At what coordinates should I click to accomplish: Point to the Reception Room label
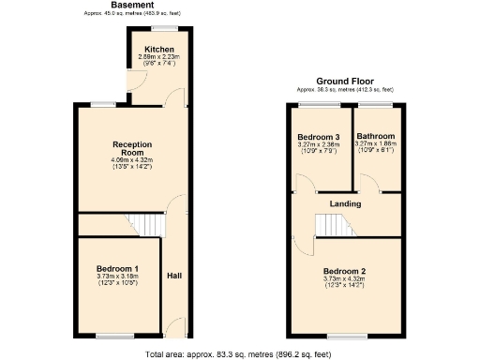coord(131,149)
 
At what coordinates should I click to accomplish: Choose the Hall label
coord(174,277)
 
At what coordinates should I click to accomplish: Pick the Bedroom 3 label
coord(317,137)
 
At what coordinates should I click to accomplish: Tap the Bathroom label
coord(376,137)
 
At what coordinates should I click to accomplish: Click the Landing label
coord(346,203)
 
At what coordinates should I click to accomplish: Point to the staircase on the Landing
coord(329,226)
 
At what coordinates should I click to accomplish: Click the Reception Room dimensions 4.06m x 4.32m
coord(131,160)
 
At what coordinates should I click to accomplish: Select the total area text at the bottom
coord(239,354)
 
